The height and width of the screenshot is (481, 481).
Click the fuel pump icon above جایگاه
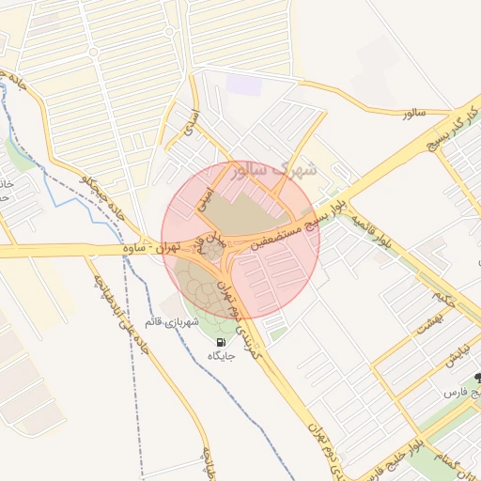(x=220, y=343)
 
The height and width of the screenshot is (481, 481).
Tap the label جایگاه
(x=218, y=357)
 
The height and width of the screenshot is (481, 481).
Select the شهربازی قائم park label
(x=171, y=323)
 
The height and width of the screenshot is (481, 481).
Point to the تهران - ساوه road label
(x=150, y=249)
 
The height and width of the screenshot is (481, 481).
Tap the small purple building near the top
(x=241, y=85)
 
